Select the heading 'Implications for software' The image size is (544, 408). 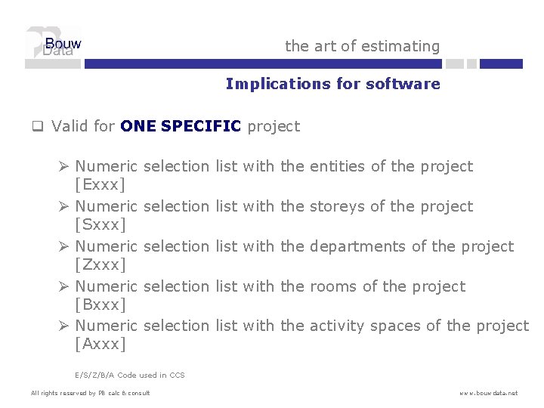point(332,84)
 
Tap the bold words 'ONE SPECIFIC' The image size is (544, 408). point(181,126)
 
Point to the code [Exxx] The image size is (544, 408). point(100,184)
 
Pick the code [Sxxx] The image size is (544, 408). point(100,224)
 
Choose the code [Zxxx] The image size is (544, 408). point(100,264)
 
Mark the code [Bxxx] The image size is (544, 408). point(100,304)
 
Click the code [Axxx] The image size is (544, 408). point(100,345)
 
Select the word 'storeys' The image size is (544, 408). point(338,206)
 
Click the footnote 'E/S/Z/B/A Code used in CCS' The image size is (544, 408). point(130,375)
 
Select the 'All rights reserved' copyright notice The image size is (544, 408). point(90,393)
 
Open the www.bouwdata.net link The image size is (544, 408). point(488,393)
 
